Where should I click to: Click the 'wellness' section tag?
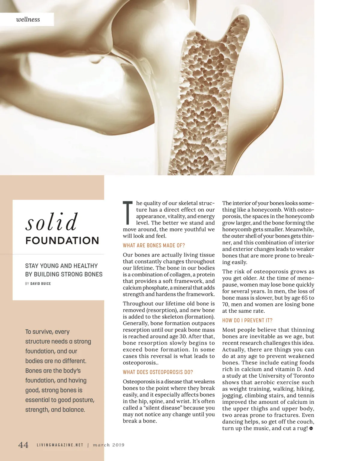coord(28,19)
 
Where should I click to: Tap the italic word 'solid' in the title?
coord(52,222)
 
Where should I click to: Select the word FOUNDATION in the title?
coord(62,240)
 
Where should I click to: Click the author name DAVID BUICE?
coord(40,284)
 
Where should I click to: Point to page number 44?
coord(23,445)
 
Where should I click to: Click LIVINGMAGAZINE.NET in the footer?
coord(60,445)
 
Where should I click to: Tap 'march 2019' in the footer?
coord(109,445)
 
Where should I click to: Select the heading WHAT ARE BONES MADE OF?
coord(154,245)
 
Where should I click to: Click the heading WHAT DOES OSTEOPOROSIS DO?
coord(158,372)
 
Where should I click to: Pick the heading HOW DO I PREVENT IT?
coord(247,320)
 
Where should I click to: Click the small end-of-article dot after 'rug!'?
coord(311,429)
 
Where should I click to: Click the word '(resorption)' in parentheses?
coord(159,310)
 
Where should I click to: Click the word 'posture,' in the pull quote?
coord(82,400)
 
